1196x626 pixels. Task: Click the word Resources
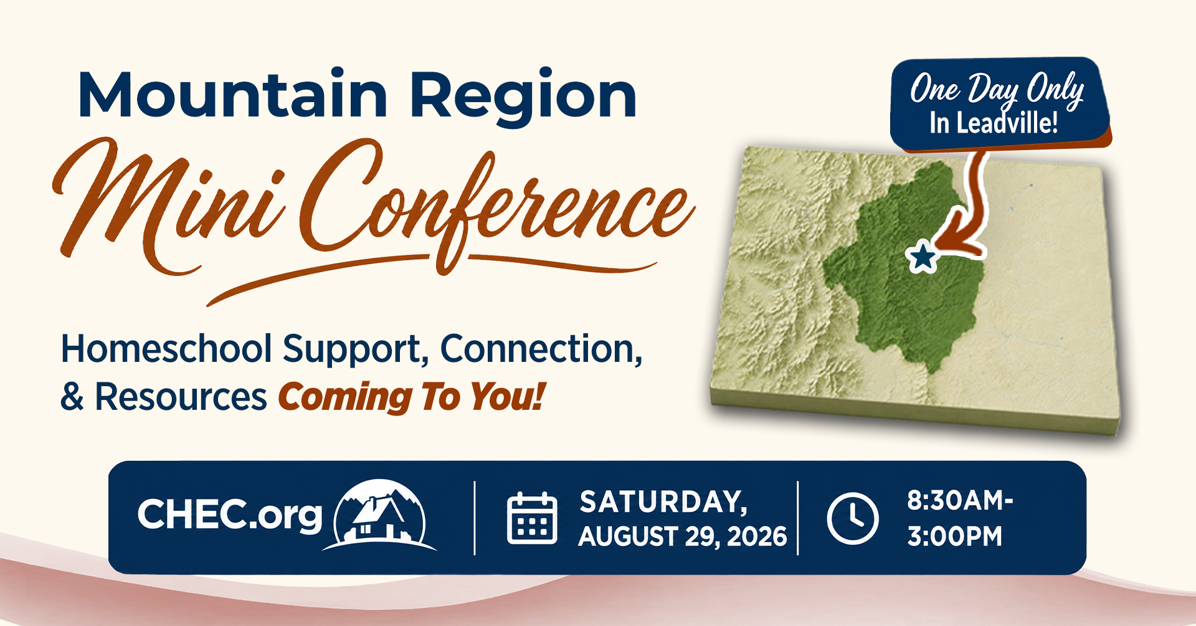coord(181,397)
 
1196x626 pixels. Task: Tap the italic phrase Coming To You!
coord(412,397)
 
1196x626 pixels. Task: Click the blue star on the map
coord(922,257)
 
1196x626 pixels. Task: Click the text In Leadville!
coord(994,123)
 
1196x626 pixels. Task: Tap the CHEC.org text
coord(230,516)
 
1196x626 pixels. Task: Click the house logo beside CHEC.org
coord(380,515)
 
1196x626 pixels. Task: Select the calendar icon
coord(532,518)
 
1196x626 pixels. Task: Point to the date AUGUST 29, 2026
coord(683,537)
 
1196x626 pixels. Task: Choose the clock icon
coord(853,518)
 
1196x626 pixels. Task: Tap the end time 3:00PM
coord(954,536)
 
